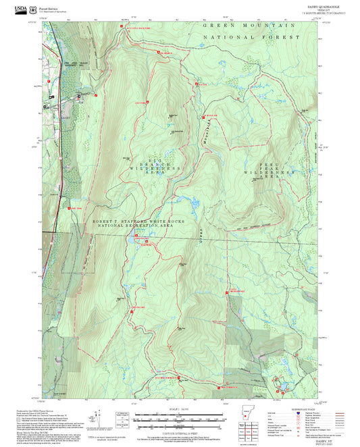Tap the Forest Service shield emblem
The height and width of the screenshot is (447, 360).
coord(33,9)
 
